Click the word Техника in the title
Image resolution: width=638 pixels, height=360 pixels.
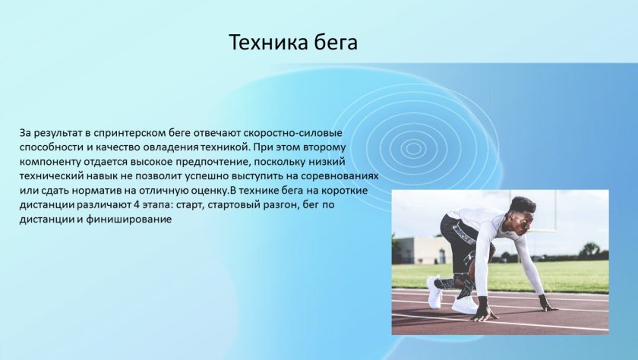tap(267, 43)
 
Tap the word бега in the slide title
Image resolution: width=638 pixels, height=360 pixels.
tap(335, 43)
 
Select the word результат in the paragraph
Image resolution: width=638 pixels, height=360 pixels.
tap(58, 134)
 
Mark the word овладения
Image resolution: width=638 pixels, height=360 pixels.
tap(172, 147)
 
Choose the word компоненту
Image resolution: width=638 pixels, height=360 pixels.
tap(50, 163)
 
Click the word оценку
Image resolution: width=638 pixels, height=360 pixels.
tap(211, 191)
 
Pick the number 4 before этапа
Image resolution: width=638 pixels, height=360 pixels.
tap(135, 204)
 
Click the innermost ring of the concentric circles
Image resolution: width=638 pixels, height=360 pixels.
tap(413, 148)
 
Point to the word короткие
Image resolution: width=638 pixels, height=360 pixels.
tap(345, 191)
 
